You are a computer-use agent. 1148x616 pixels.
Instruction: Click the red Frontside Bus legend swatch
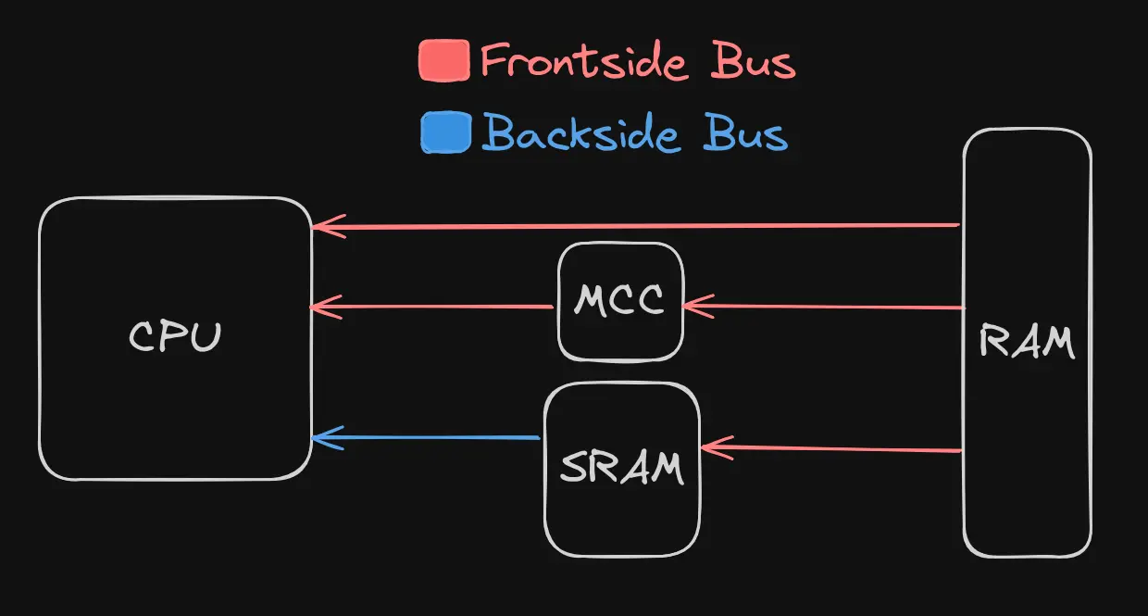coord(444,61)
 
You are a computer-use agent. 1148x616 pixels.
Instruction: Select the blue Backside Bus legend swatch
coord(445,132)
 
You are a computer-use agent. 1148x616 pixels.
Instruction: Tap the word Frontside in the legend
coord(584,62)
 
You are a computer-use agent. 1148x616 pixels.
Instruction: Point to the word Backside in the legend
coord(580,134)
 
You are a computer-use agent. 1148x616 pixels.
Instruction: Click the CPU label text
coord(175,336)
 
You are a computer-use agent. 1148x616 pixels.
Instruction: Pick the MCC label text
coord(619,300)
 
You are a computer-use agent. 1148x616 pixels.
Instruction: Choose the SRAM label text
coord(622,468)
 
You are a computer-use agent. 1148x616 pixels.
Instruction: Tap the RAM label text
coord(1027,343)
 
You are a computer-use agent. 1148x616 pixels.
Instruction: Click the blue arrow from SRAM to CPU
coord(426,437)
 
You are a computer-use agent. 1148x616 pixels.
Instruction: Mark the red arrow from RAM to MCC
coord(824,306)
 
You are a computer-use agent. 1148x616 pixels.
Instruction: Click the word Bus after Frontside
coord(753,62)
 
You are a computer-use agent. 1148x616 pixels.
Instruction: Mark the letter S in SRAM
coord(575,469)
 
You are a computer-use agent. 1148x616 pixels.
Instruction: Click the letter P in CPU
coord(175,336)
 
